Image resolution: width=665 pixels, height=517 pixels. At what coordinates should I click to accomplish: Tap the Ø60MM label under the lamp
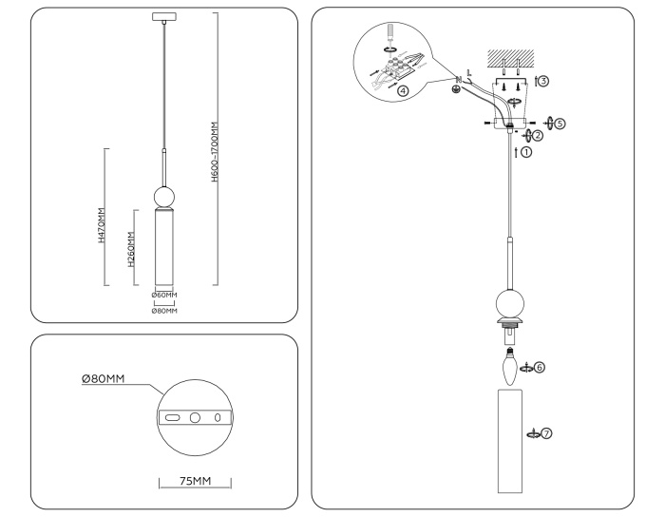pyautogui.click(x=164, y=295)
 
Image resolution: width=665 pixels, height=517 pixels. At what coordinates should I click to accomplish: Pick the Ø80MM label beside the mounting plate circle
pyautogui.click(x=103, y=380)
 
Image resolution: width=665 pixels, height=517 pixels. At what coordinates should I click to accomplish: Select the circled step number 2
pyautogui.click(x=538, y=136)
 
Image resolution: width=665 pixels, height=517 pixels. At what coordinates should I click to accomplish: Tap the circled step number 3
pyautogui.click(x=542, y=82)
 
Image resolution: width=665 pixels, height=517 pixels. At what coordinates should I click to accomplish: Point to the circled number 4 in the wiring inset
pyautogui.click(x=404, y=91)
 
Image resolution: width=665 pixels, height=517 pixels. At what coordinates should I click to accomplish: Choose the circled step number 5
pyautogui.click(x=560, y=123)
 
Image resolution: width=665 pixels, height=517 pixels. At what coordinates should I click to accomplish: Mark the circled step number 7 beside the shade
pyautogui.click(x=547, y=433)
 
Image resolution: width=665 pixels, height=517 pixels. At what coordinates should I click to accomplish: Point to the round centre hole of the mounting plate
pyautogui.click(x=195, y=417)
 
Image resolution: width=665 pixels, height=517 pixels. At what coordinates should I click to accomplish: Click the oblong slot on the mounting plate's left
pyautogui.click(x=172, y=417)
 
